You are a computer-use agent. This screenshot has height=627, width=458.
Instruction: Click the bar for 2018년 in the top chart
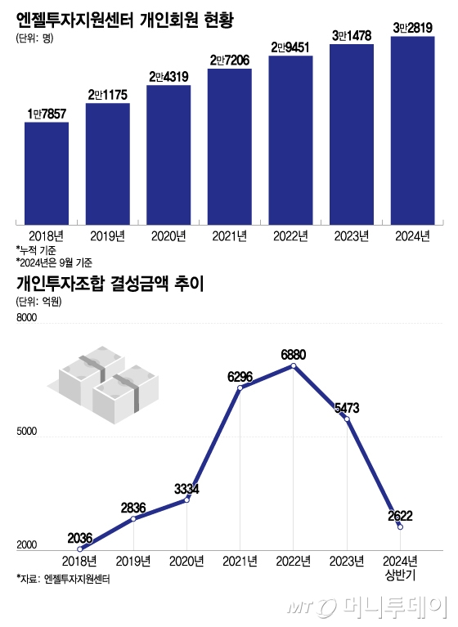coord(47,172)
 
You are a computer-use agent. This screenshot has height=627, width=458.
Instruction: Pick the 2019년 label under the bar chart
coord(107,235)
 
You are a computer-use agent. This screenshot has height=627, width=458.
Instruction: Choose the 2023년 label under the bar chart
coord(352,235)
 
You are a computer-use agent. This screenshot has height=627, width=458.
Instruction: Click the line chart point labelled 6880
coord(293,366)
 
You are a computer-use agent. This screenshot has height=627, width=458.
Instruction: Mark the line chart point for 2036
coord(79,549)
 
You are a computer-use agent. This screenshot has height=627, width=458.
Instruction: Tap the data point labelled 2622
coord(400,527)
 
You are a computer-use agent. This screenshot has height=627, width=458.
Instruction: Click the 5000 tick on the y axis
coord(27,436)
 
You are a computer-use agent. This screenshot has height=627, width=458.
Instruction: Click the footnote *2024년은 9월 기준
coord(54,262)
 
